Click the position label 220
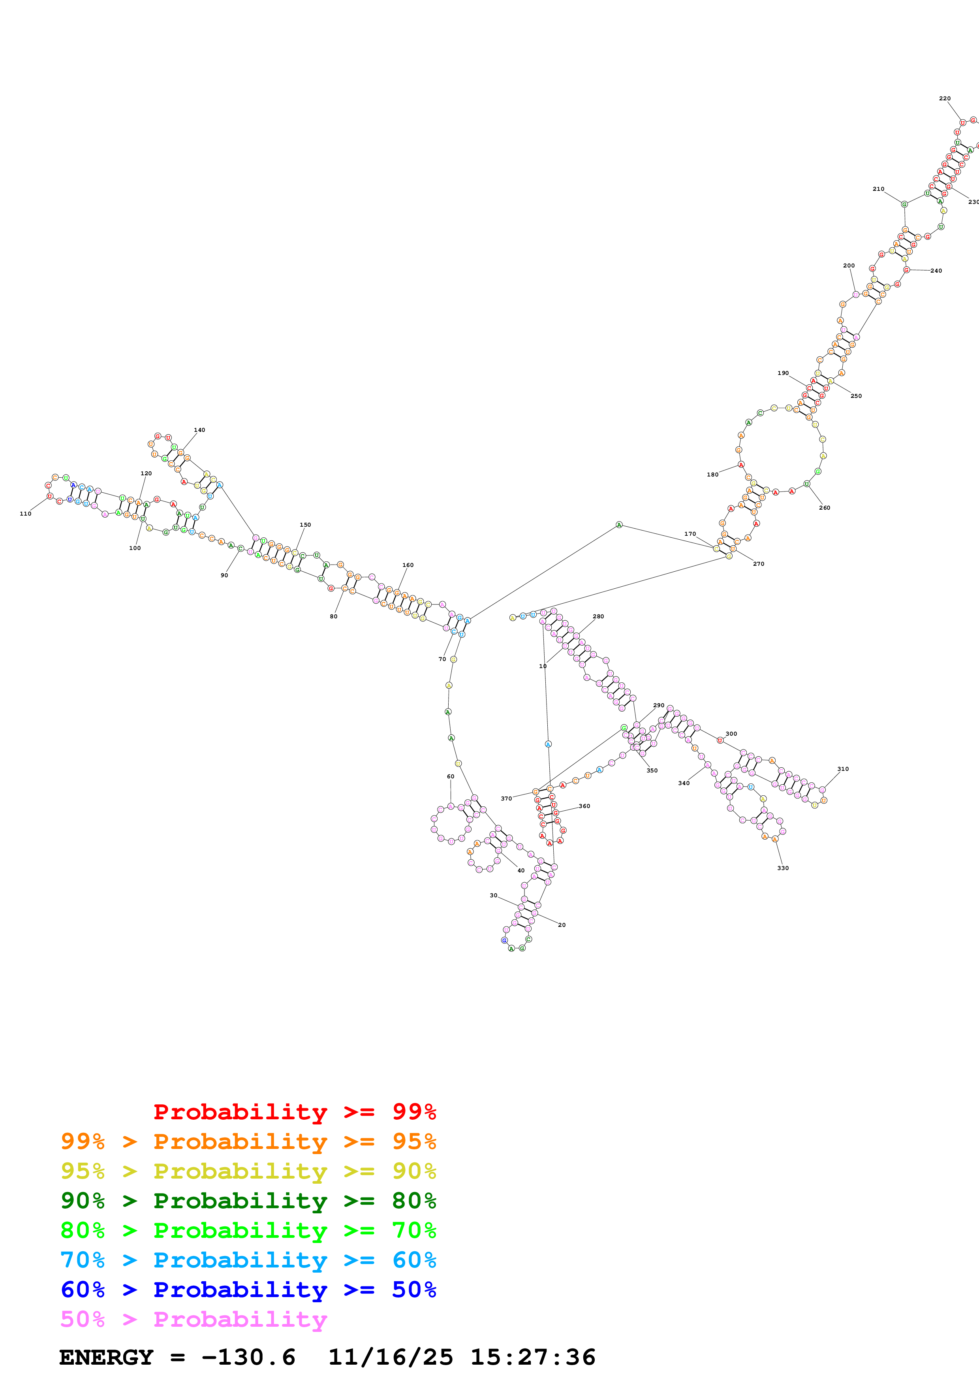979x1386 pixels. pyautogui.click(x=945, y=98)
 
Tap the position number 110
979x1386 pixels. pyautogui.click(x=25, y=514)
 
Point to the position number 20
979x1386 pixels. pyautogui.click(x=562, y=925)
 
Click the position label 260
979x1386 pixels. pyautogui.click(x=825, y=508)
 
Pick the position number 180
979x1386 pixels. pyautogui.click(x=712, y=475)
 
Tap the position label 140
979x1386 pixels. pyautogui.click(x=199, y=430)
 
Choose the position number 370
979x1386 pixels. pyautogui.click(x=506, y=798)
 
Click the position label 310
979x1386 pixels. pyautogui.click(x=843, y=769)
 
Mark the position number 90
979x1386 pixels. pyautogui.click(x=224, y=575)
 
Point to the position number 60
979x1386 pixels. pyautogui.click(x=450, y=776)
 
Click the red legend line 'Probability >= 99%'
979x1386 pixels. pyautogui.click(x=294, y=1112)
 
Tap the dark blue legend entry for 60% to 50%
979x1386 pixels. pyautogui.click(x=248, y=1290)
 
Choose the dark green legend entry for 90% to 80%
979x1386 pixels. pyautogui.click(x=248, y=1201)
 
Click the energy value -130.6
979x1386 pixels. pyautogui.click(x=248, y=1357)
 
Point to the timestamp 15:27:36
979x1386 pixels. pyautogui.click(x=533, y=1357)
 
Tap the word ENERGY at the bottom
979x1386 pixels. pyautogui.click(x=106, y=1357)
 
